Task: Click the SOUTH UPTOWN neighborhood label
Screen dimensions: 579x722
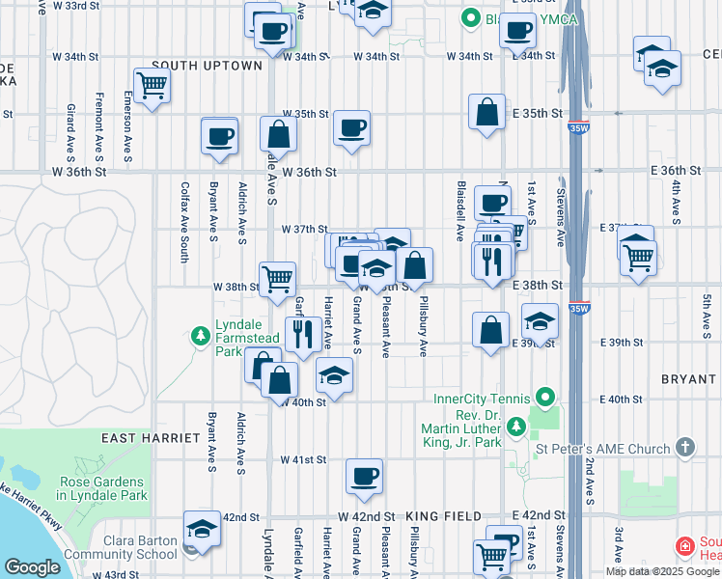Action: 207,66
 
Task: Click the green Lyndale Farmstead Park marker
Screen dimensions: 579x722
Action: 201,337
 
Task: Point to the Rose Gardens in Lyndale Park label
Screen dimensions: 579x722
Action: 103,488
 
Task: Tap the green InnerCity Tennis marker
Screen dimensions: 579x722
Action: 544,398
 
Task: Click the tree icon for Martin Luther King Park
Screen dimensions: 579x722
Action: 516,425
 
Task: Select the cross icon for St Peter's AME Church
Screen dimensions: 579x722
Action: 684,448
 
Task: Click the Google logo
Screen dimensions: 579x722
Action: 32,567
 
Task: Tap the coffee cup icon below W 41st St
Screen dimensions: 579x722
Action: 364,476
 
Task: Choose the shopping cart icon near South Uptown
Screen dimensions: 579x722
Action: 152,85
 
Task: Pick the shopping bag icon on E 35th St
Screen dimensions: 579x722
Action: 487,110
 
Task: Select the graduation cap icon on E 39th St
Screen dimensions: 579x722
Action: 540,322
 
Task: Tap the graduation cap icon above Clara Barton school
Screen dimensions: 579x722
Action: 202,528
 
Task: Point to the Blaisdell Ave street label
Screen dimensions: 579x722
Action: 459,209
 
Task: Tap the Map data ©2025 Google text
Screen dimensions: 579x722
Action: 662,571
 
